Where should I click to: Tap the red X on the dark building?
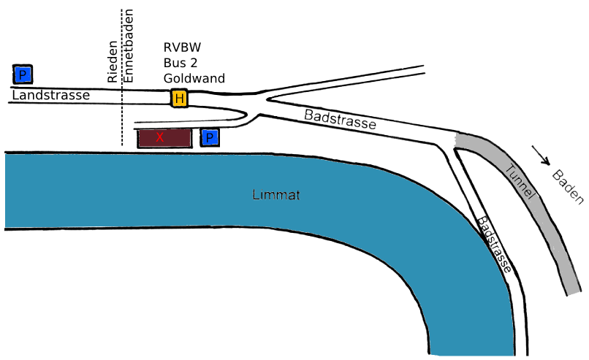pyautogui.click(x=159, y=137)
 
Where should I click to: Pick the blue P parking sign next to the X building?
pyautogui.click(x=210, y=137)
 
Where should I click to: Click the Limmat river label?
pyautogui.click(x=276, y=196)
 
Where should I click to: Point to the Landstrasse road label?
pyautogui.click(x=50, y=95)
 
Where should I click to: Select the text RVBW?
pyautogui.click(x=182, y=47)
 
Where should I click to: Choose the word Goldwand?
pyautogui.click(x=194, y=78)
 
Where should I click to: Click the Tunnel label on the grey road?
pyautogui.click(x=522, y=181)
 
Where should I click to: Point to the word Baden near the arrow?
pyautogui.click(x=568, y=187)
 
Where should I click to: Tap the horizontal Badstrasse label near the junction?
pyautogui.click(x=340, y=119)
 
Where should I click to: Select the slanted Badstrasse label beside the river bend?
pyautogui.click(x=494, y=245)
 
